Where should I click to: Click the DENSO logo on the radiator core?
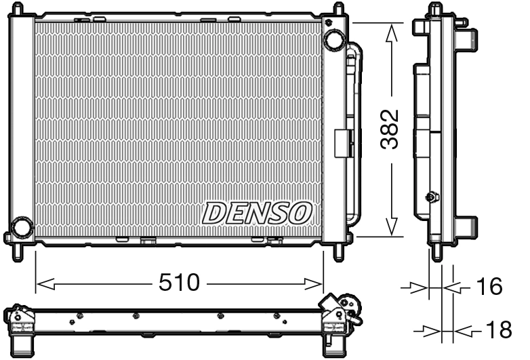click(x=257, y=213)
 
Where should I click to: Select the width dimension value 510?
click(x=180, y=282)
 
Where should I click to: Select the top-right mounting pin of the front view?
click(x=338, y=8)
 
